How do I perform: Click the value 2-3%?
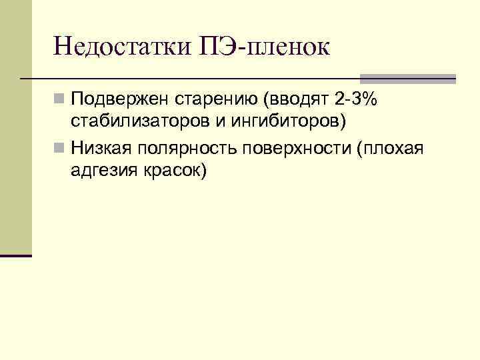click(x=355, y=101)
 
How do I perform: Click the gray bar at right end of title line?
click(x=407, y=78)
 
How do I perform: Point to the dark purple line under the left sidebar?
click(x=16, y=255)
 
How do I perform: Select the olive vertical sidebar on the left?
click(x=15, y=127)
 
